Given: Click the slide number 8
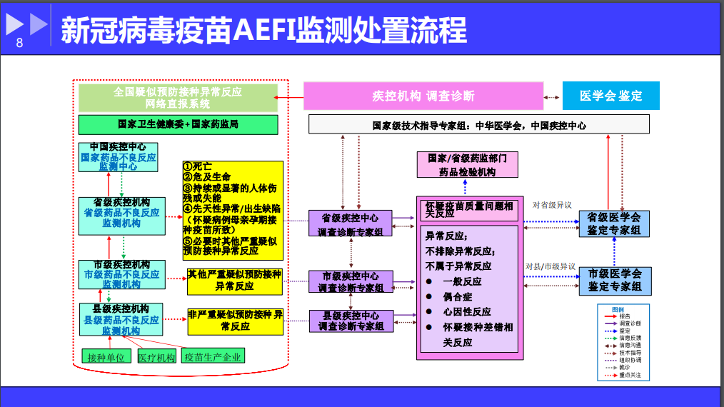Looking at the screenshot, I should [19, 43].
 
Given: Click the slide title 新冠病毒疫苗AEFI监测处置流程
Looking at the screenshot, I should [263, 30].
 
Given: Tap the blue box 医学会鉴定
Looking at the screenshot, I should [610, 96].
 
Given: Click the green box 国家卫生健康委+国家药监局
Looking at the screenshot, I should [178, 124].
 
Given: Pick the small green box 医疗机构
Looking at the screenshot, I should [156, 356].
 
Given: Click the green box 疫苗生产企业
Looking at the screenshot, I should [212, 356].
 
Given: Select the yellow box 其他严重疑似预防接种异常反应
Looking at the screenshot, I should [235, 281].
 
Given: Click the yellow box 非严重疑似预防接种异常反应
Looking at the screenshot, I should [235, 321].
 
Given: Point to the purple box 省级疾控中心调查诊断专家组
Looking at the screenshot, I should [351, 223].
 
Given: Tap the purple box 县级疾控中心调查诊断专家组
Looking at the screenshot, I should [351, 321].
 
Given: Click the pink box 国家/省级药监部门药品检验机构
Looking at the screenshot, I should [467, 165].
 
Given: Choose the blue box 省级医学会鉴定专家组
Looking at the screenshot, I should [613, 223].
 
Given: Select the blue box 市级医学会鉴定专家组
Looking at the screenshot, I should [613, 280].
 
